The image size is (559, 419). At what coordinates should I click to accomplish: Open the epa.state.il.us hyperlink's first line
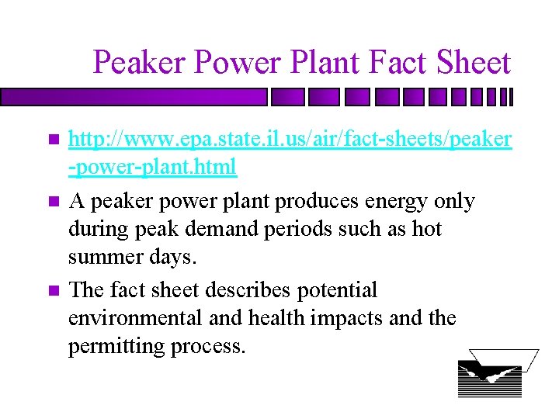click(290, 139)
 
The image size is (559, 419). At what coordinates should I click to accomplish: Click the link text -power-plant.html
click(152, 167)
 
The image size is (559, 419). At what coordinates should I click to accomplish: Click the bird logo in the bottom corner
click(491, 373)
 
